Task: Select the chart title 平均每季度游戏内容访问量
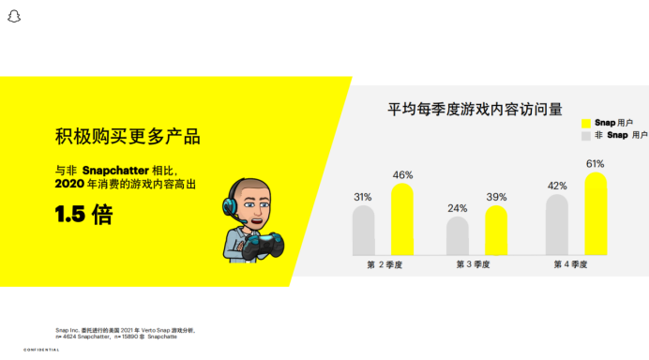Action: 475,109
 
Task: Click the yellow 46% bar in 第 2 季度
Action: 402,219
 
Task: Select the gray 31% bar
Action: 363,230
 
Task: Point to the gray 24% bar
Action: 457,235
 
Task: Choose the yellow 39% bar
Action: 496,231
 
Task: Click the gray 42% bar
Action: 556,224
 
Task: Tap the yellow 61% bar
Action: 596,213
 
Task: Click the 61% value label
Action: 596,164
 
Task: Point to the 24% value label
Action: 457,208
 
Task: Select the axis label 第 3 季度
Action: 476,264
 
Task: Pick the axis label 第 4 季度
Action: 570,264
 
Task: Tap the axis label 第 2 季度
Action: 384,264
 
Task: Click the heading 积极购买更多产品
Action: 128,137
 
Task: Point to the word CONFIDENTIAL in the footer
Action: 41,350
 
